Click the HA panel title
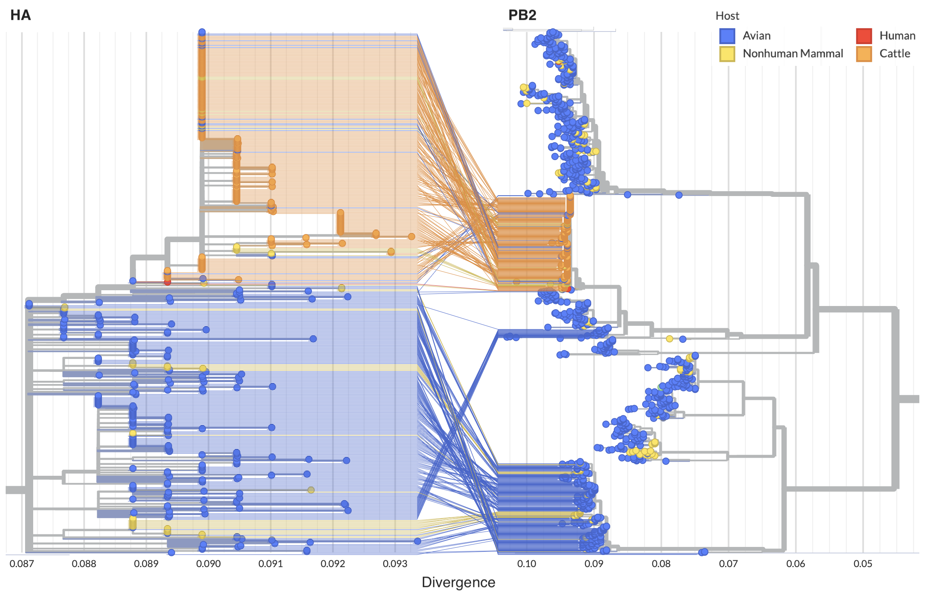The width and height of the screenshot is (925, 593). pyautogui.click(x=21, y=15)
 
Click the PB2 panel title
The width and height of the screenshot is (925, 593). pyautogui.click(x=522, y=15)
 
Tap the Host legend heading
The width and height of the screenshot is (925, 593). pyautogui.click(x=727, y=16)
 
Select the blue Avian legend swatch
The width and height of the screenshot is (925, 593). pyautogui.click(x=727, y=36)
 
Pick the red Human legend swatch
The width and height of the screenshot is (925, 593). pyautogui.click(x=863, y=36)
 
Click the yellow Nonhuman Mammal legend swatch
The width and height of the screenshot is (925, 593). pyautogui.click(x=727, y=54)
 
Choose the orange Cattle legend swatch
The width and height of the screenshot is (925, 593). pyautogui.click(x=863, y=54)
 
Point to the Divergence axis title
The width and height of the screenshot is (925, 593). pyautogui.click(x=458, y=582)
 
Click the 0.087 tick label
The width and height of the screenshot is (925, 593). pyautogui.click(x=22, y=563)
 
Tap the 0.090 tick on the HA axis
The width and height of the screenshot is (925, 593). pyautogui.click(x=208, y=563)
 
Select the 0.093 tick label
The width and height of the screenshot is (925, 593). pyautogui.click(x=395, y=563)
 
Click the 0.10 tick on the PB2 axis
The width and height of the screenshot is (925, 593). pyautogui.click(x=526, y=563)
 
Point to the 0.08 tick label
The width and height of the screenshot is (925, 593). pyautogui.click(x=661, y=563)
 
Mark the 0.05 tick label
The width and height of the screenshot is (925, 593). pyautogui.click(x=863, y=563)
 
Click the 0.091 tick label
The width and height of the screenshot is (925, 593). pyautogui.click(x=271, y=563)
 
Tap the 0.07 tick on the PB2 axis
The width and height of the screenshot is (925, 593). pyautogui.click(x=728, y=563)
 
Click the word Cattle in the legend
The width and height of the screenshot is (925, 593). pyautogui.click(x=895, y=54)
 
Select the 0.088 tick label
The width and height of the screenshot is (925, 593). pyautogui.click(x=84, y=563)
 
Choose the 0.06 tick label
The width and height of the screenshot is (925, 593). pyautogui.click(x=796, y=563)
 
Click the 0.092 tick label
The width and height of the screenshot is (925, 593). pyautogui.click(x=333, y=563)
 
